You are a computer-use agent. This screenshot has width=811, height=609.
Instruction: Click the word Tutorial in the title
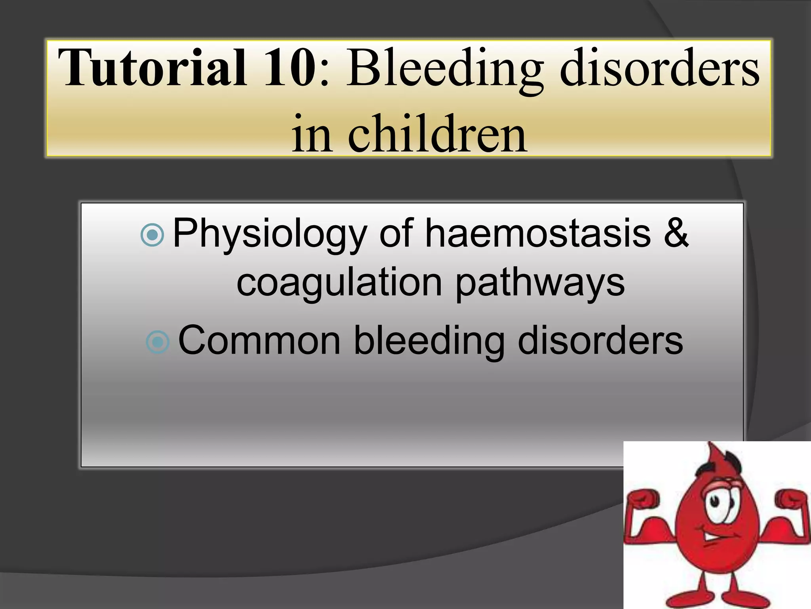(153, 67)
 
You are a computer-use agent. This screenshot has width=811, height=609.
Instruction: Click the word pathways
(540, 284)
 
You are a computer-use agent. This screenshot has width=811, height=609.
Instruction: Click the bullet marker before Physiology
(152, 235)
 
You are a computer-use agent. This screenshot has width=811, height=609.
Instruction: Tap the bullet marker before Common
(158, 342)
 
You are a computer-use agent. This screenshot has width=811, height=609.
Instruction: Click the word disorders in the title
(660, 67)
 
